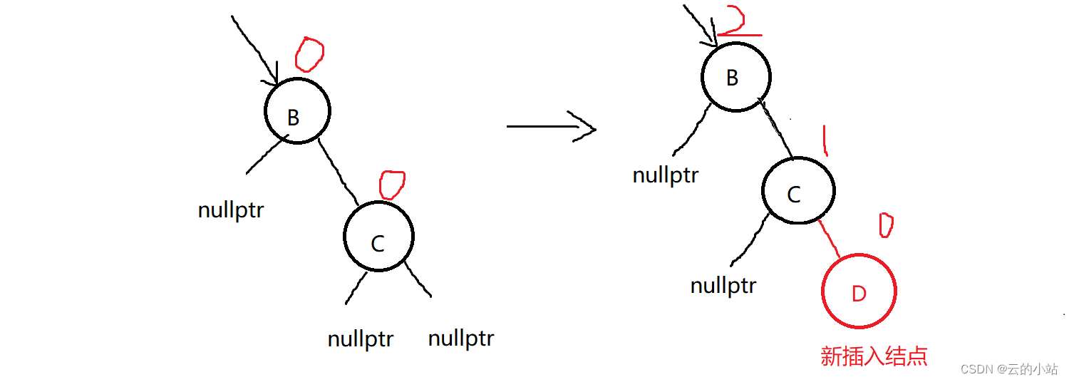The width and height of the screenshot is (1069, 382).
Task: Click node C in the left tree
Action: pos(378,237)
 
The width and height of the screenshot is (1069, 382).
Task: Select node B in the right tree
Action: pos(735,78)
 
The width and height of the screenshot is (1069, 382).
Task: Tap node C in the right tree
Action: pos(797,191)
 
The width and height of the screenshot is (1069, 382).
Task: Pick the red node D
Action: pos(859,291)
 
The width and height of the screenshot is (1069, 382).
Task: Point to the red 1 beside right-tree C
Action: pos(825,140)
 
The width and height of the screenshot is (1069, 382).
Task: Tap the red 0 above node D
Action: pos(886,226)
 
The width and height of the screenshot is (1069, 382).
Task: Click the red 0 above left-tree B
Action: pos(309,56)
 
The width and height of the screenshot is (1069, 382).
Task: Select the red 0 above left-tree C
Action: pos(391,185)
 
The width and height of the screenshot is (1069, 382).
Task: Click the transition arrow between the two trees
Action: pos(550,126)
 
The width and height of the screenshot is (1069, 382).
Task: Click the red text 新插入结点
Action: pos(874,356)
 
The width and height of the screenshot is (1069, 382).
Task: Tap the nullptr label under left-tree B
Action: pos(231,210)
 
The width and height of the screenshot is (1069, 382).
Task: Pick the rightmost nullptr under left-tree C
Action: pos(461,338)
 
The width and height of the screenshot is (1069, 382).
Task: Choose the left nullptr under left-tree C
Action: pos(361,339)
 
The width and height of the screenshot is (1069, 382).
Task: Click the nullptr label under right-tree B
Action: pos(666,175)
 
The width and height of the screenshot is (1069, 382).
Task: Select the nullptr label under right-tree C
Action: pos(723,286)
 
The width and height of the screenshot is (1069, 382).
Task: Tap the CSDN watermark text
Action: pos(1008,368)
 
